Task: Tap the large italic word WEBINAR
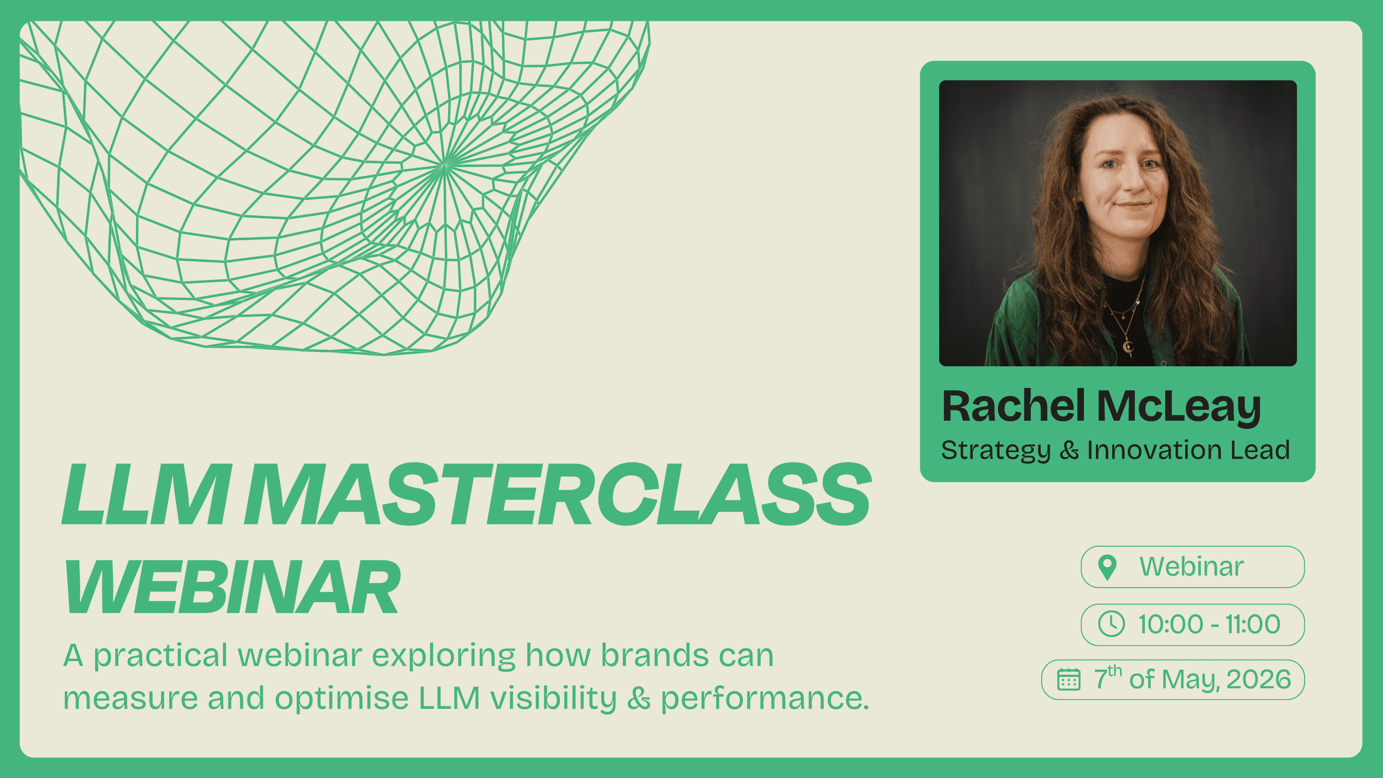pyautogui.click(x=232, y=586)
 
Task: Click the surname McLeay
pyautogui.click(x=1178, y=406)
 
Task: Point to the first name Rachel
pyautogui.click(x=1013, y=406)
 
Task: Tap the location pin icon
pyautogui.click(x=1107, y=567)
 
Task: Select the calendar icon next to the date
pyautogui.click(x=1068, y=680)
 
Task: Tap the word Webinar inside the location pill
pyautogui.click(x=1191, y=567)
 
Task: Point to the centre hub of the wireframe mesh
pyautogui.click(x=444, y=165)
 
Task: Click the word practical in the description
pyautogui.click(x=161, y=656)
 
